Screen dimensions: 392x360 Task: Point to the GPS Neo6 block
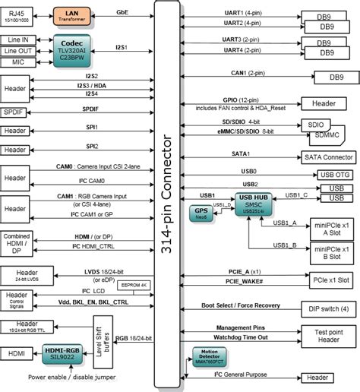coord(201,212)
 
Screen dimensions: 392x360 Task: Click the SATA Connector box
coord(327,156)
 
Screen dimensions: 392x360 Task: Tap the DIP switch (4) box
coord(330,308)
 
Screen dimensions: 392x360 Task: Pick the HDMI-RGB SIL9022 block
coord(71,352)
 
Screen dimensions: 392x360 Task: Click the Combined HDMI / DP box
coord(17,245)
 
